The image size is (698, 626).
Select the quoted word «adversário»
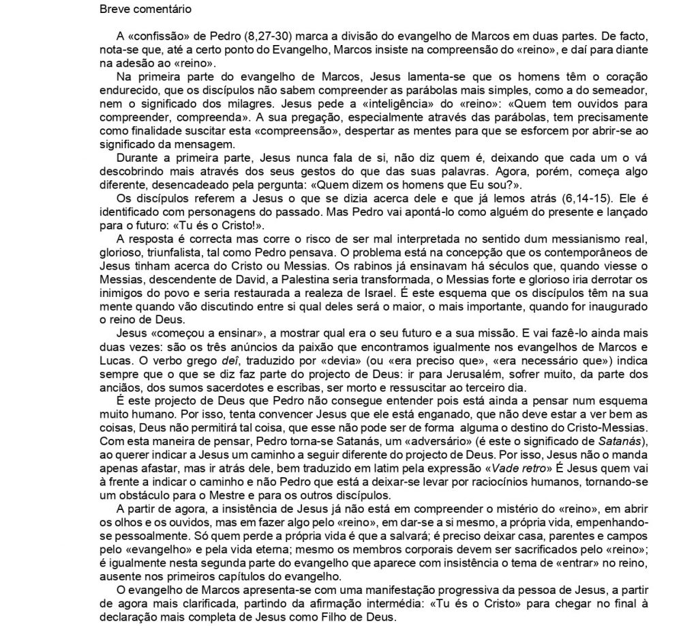(386, 444)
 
